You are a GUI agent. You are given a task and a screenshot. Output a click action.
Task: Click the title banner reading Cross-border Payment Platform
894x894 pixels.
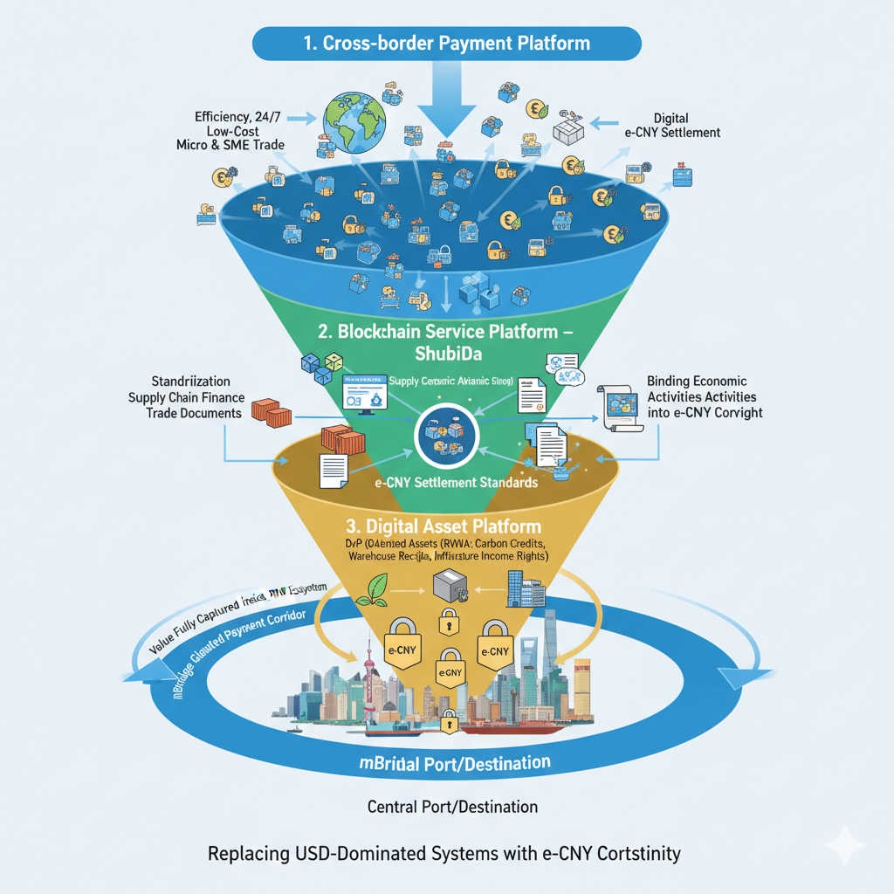click(x=446, y=43)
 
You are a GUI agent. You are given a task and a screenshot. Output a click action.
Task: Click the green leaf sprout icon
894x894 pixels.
click(x=376, y=588)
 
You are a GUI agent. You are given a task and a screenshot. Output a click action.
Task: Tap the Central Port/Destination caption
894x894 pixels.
click(x=452, y=806)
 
